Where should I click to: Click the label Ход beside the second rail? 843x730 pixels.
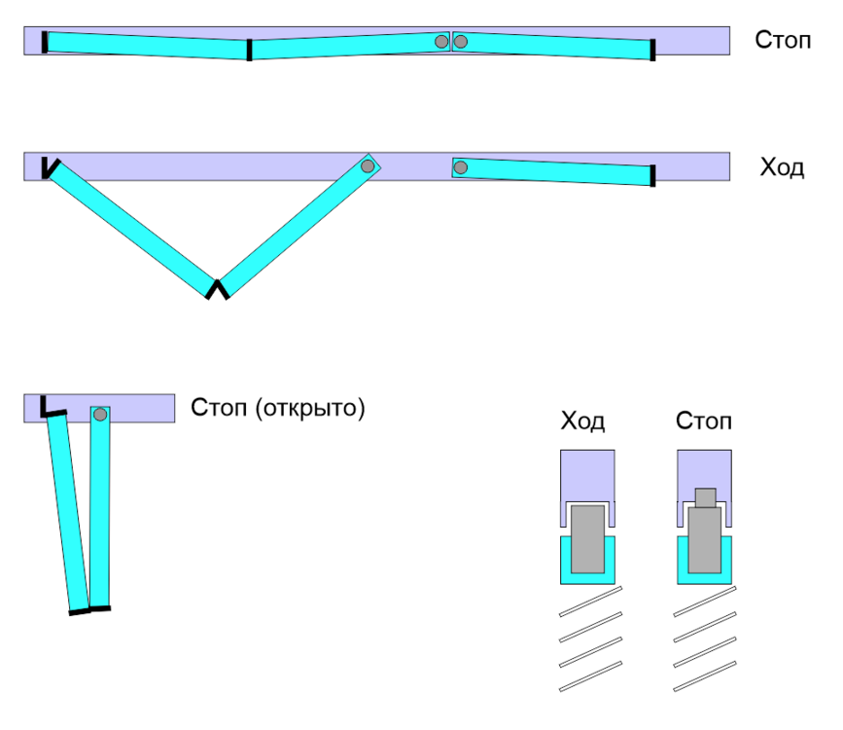click(782, 166)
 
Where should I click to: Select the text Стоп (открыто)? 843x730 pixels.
click(278, 407)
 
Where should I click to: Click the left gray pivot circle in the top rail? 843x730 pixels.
click(442, 42)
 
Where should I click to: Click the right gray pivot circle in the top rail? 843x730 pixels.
click(461, 42)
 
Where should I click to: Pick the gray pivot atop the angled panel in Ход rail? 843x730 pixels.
click(368, 166)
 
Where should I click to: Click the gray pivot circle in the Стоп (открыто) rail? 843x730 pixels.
click(99, 415)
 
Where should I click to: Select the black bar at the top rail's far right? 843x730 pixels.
click(652, 50)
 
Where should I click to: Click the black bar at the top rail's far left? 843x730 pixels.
click(44, 42)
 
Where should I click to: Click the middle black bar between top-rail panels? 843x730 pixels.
click(250, 50)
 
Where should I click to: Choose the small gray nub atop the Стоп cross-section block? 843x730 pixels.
click(705, 497)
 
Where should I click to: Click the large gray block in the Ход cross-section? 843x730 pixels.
click(586, 538)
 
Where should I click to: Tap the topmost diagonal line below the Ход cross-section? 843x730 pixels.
click(590, 601)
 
